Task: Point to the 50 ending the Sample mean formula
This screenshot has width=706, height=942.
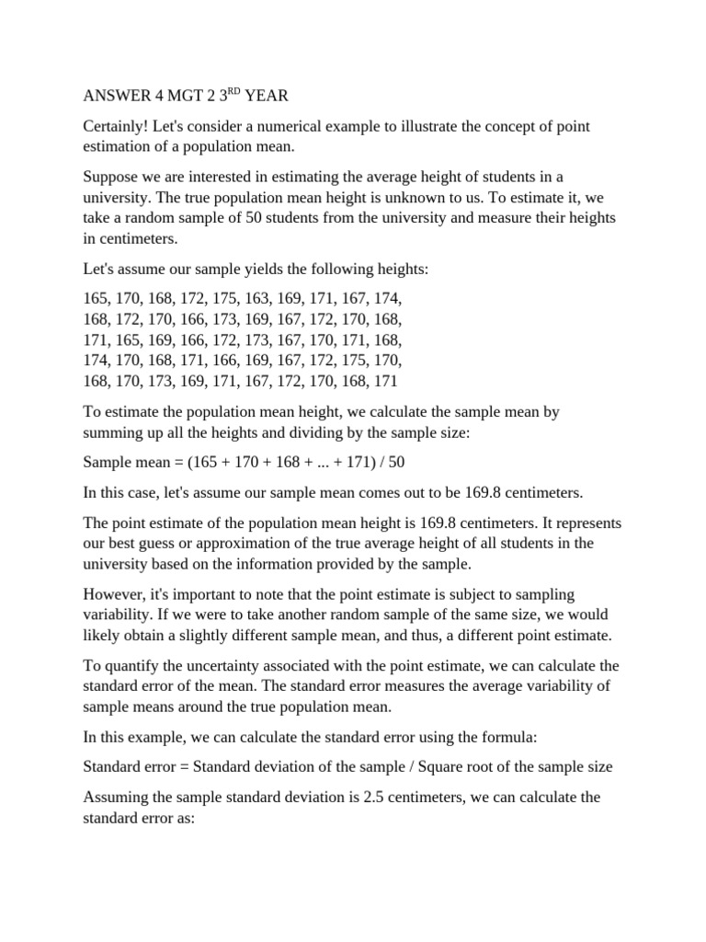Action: [x=395, y=461]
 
